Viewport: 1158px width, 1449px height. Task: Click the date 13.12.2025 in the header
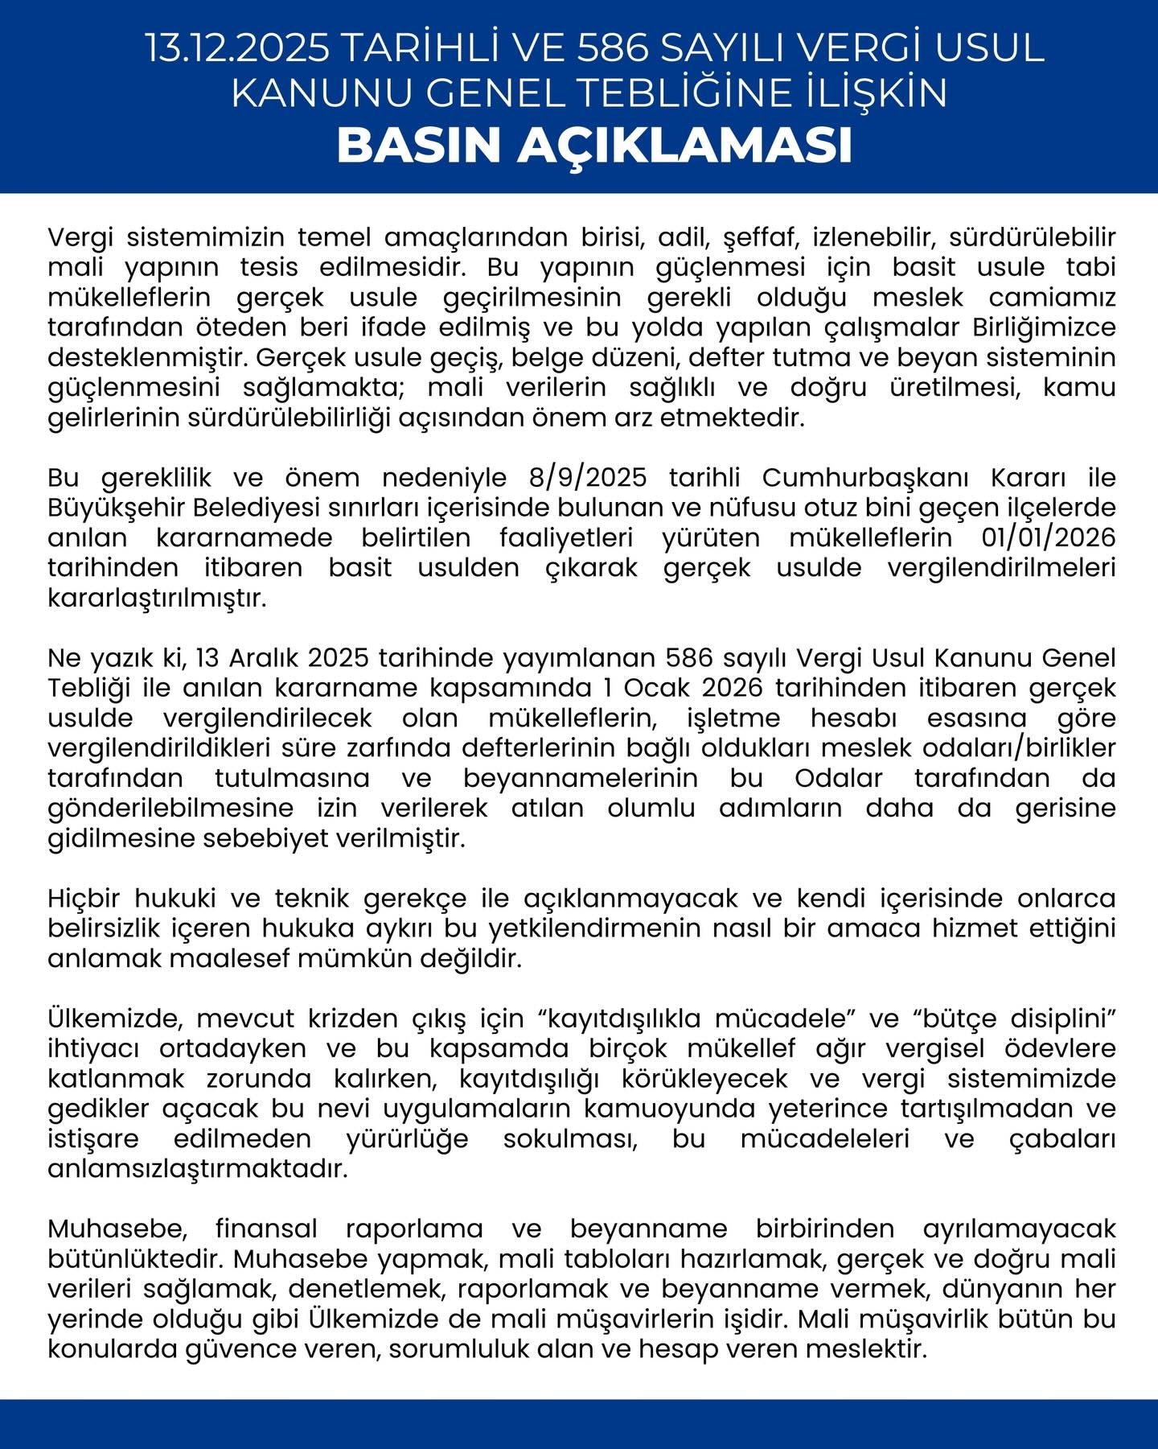[x=237, y=48]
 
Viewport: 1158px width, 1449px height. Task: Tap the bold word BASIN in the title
[x=420, y=146]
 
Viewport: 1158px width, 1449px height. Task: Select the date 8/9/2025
[x=588, y=478]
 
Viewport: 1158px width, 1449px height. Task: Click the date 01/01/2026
[x=1049, y=537]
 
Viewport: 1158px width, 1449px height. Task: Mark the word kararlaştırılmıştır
[x=157, y=599]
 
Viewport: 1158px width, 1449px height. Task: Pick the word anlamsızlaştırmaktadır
[x=198, y=1169]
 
